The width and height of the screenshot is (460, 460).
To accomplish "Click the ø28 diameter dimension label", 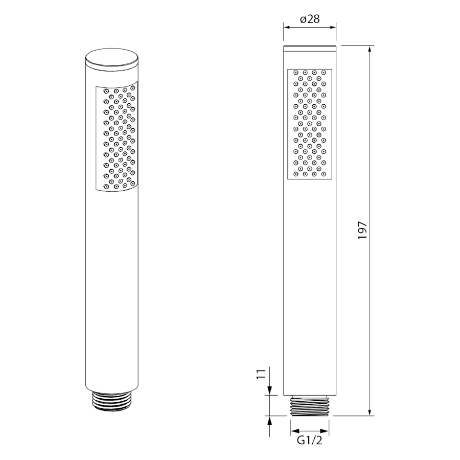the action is pyautogui.click(x=310, y=19).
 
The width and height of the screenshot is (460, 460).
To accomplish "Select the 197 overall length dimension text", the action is pyautogui.click(x=362, y=231).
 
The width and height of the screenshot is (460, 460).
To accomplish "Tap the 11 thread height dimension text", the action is pyautogui.click(x=261, y=375).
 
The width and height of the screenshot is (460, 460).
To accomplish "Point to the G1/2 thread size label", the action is pyautogui.click(x=310, y=441).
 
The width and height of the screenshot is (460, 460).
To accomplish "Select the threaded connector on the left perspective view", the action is pyautogui.click(x=112, y=401).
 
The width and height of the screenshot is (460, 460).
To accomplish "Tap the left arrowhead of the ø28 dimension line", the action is pyautogui.click(x=287, y=27).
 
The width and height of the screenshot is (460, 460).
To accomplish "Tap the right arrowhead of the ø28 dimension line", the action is pyautogui.click(x=333, y=27).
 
